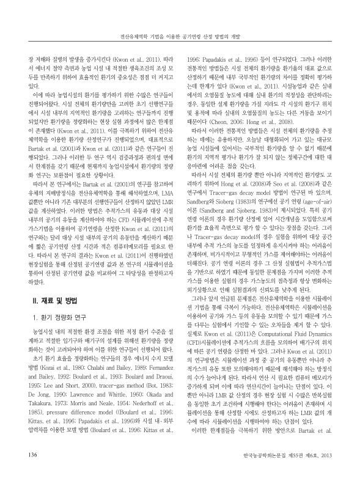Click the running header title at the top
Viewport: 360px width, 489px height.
click(180, 35)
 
